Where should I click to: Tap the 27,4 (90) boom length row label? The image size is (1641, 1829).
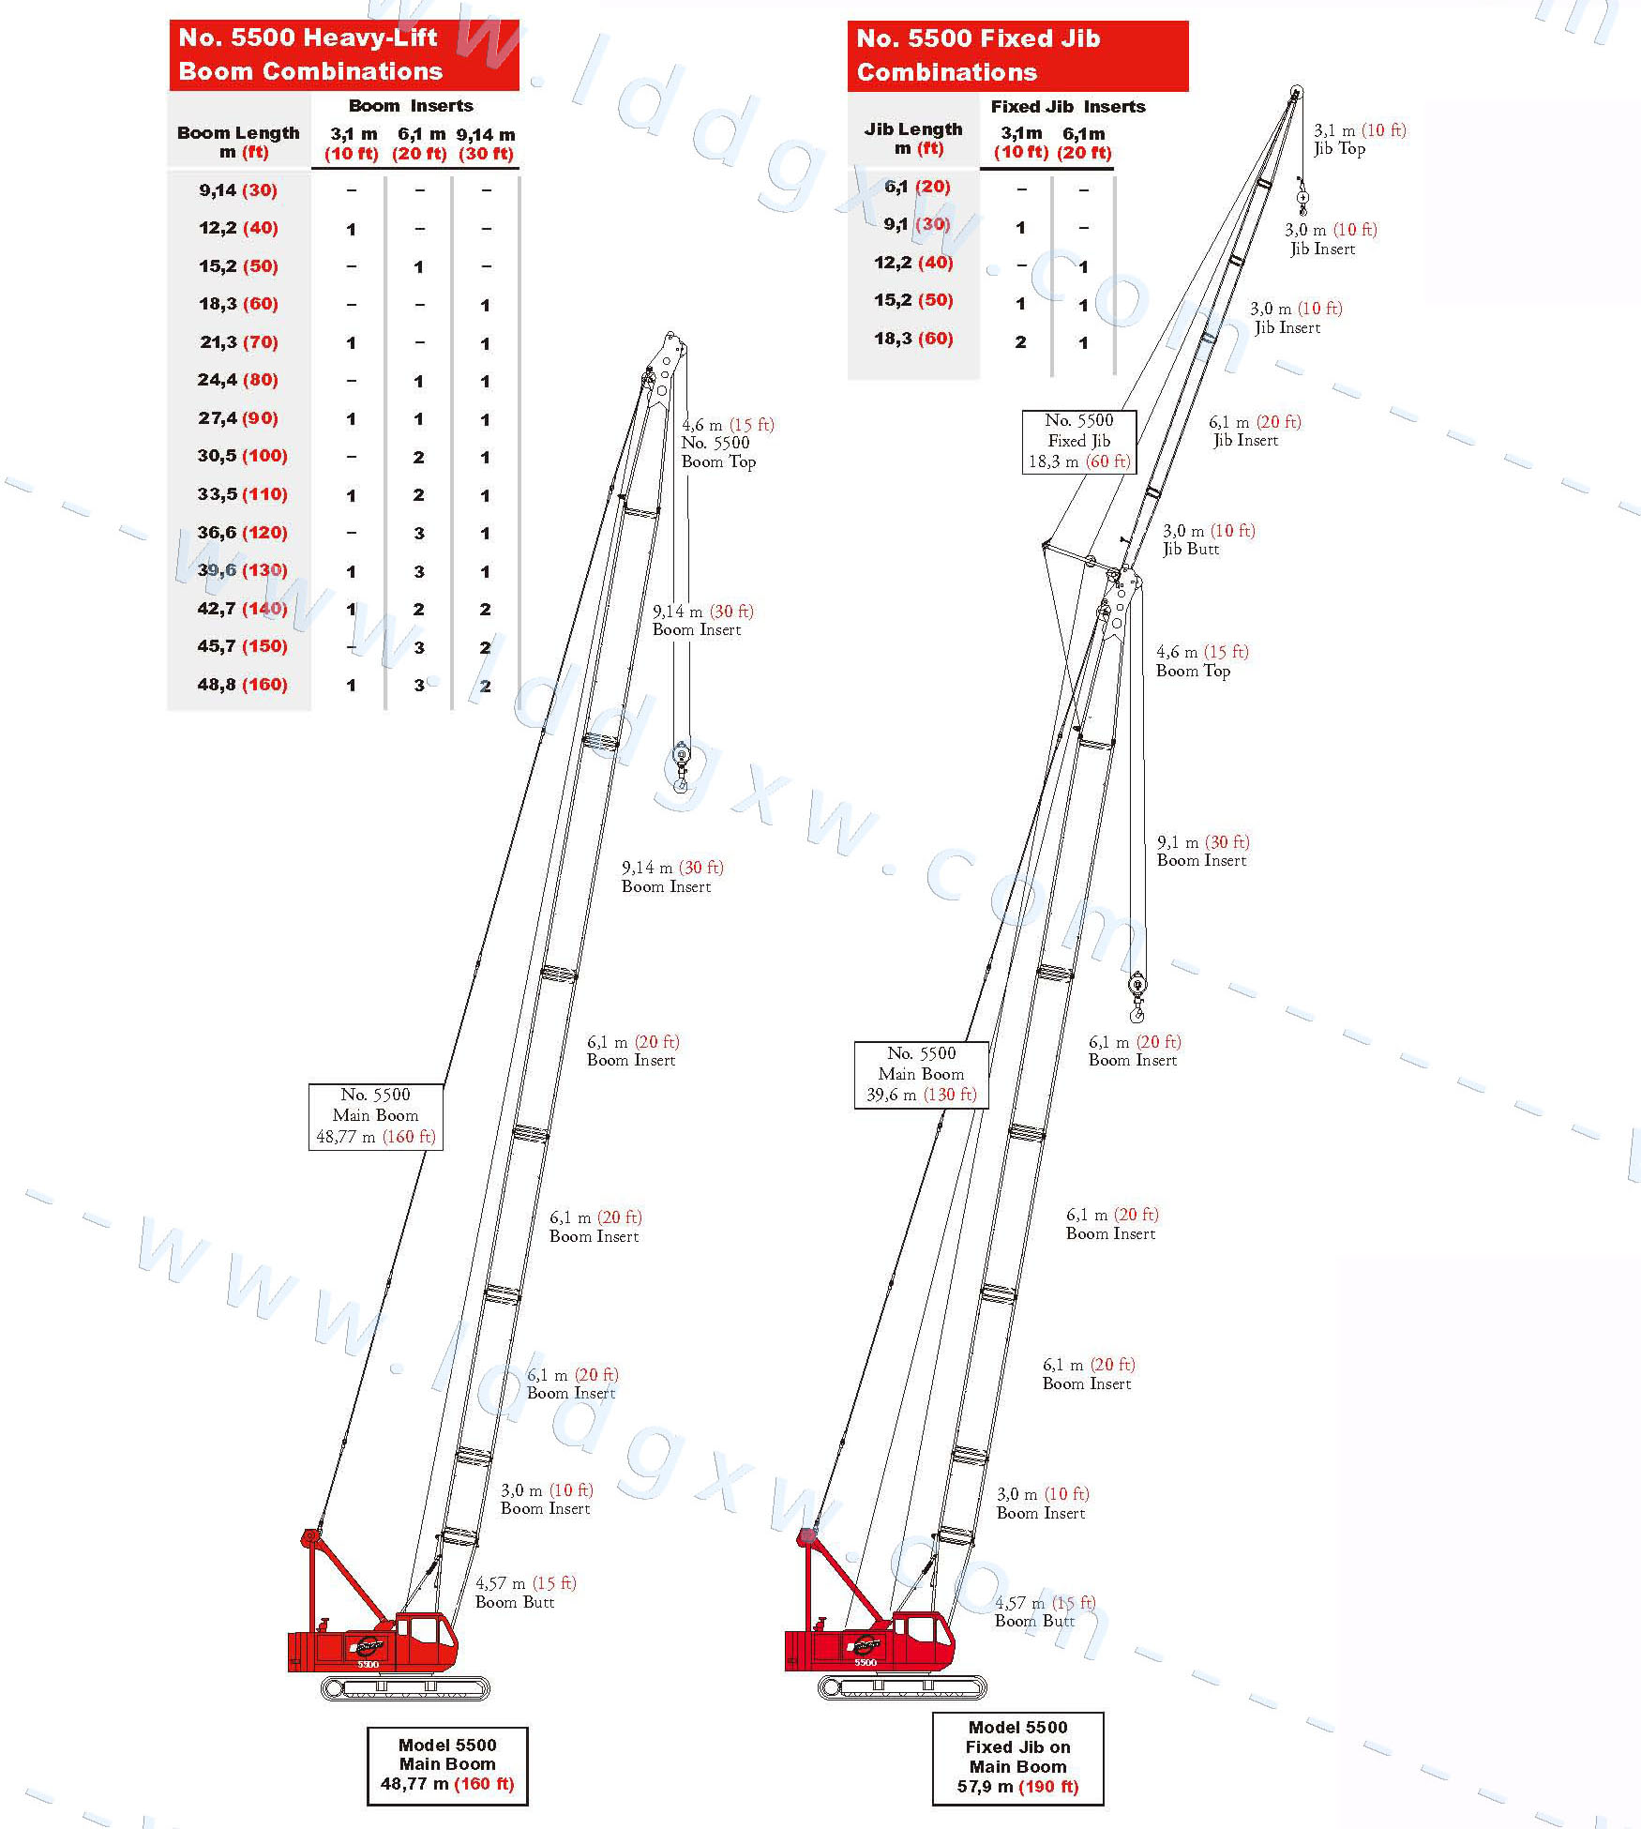[238, 418]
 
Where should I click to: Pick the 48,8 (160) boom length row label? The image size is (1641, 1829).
[242, 685]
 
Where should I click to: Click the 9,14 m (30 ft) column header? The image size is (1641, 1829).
[486, 144]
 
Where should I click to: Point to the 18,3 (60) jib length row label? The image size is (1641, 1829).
[913, 339]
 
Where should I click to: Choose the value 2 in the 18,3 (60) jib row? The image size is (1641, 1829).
[1020, 342]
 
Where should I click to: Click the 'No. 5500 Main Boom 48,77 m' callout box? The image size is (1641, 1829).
[376, 1116]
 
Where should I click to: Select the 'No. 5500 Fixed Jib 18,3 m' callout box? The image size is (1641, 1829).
[1079, 441]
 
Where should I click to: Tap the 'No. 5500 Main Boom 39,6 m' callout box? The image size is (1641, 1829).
[922, 1075]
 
